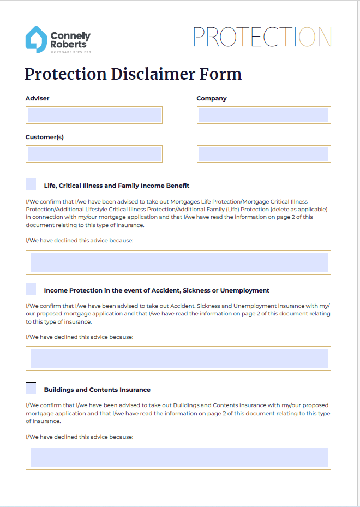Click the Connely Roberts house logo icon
[x=36, y=40]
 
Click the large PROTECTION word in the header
[x=262, y=37]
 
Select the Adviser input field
[x=94, y=115]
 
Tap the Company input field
[x=263, y=115]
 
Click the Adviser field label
[x=38, y=99]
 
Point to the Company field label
[x=212, y=99]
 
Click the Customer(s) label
[x=45, y=138]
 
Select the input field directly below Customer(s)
[x=94, y=154]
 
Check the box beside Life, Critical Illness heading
[x=31, y=184]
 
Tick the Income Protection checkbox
[x=31, y=289]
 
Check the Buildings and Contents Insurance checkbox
[x=31, y=388]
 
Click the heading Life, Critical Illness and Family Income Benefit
[x=117, y=186]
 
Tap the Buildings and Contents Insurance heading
[x=97, y=390]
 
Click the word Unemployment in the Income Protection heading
[x=245, y=291]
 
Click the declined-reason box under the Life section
[x=178, y=263]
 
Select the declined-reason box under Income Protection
[x=178, y=358]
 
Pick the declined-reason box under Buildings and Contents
[x=178, y=457]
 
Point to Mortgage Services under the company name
[x=70, y=52]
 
